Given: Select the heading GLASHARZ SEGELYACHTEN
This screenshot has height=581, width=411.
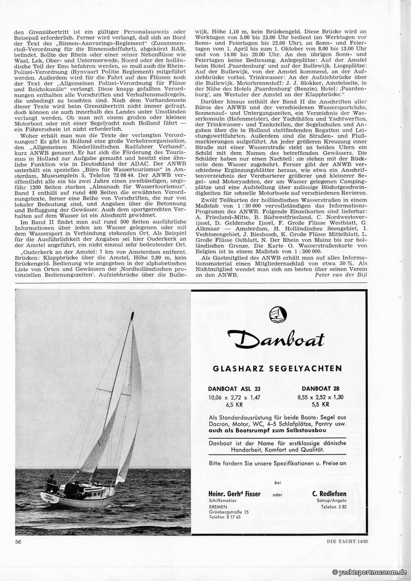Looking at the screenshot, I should click(x=277, y=368).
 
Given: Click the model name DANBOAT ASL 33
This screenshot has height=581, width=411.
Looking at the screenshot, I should click(x=231, y=389).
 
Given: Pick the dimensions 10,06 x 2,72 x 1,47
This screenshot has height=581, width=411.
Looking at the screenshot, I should click(x=231, y=397).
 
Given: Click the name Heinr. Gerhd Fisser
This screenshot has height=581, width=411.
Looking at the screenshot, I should click(x=231, y=494).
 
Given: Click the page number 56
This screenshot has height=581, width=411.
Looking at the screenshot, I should click(x=19, y=541).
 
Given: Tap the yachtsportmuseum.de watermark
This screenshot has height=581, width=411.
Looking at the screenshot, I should click(x=370, y=572).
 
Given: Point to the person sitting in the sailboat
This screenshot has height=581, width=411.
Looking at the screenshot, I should click(x=51, y=482).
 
